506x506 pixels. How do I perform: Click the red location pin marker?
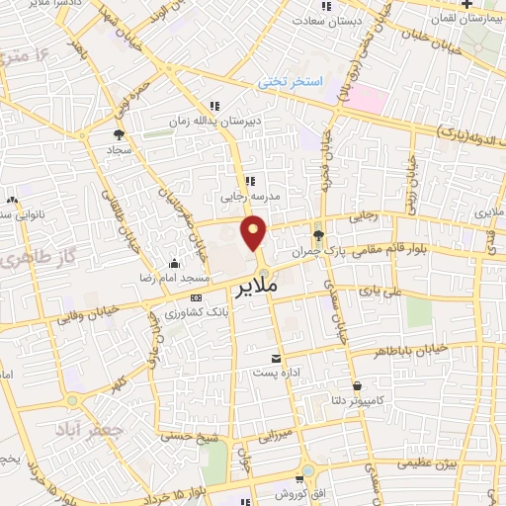click(x=256, y=233)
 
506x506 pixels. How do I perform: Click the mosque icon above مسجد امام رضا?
click(x=174, y=263)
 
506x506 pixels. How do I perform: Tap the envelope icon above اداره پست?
click(x=276, y=357)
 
